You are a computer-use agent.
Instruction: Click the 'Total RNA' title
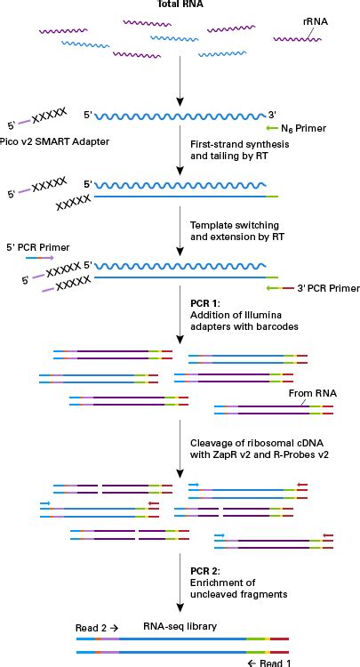click(180, 5)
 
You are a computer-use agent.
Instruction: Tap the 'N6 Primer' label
click(308, 129)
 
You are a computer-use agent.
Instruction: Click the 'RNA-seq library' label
click(180, 626)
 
